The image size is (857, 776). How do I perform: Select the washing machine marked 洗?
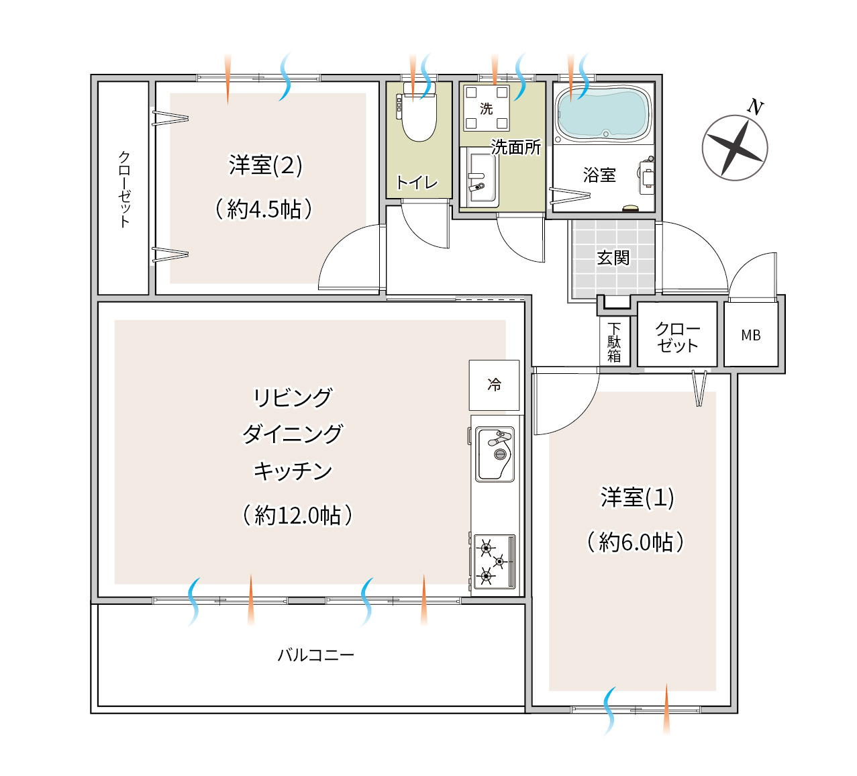tap(487, 108)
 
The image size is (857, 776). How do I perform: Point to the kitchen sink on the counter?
tap(495, 454)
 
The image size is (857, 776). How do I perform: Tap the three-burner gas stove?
tap(495, 561)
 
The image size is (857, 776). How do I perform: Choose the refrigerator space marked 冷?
tap(495, 385)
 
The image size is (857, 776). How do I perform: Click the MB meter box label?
tap(750, 336)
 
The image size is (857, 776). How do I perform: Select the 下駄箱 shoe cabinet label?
tap(614, 343)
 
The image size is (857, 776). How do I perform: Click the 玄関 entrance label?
tap(613, 258)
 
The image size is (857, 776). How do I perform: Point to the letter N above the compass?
tap(755, 107)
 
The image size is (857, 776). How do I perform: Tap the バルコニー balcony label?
tap(316, 655)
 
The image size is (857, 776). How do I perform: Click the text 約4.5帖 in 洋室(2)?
tap(264, 209)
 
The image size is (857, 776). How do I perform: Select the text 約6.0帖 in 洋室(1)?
tap(636, 542)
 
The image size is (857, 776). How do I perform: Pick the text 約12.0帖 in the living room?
tap(298, 515)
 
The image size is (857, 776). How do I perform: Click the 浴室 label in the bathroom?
tap(599, 175)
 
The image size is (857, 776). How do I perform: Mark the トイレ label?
tap(417, 183)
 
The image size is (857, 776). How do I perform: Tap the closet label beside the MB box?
tap(678, 337)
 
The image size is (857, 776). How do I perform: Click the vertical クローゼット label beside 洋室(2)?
tap(124, 189)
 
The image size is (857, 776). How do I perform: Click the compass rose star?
tap(735, 148)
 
